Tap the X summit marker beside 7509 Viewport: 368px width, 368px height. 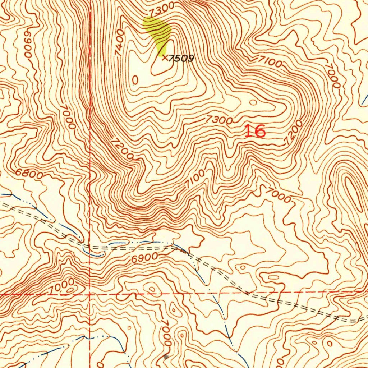click(x=164, y=57)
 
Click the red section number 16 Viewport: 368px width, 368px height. click(x=255, y=131)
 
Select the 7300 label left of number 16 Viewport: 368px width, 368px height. click(x=219, y=120)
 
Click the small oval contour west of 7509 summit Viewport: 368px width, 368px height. click(x=135, y=80)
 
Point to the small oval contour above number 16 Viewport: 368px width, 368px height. click(x=253, y=103)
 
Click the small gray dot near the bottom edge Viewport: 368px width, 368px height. click(x=166, y=356)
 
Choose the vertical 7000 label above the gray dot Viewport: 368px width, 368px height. click(x=166, y=334)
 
